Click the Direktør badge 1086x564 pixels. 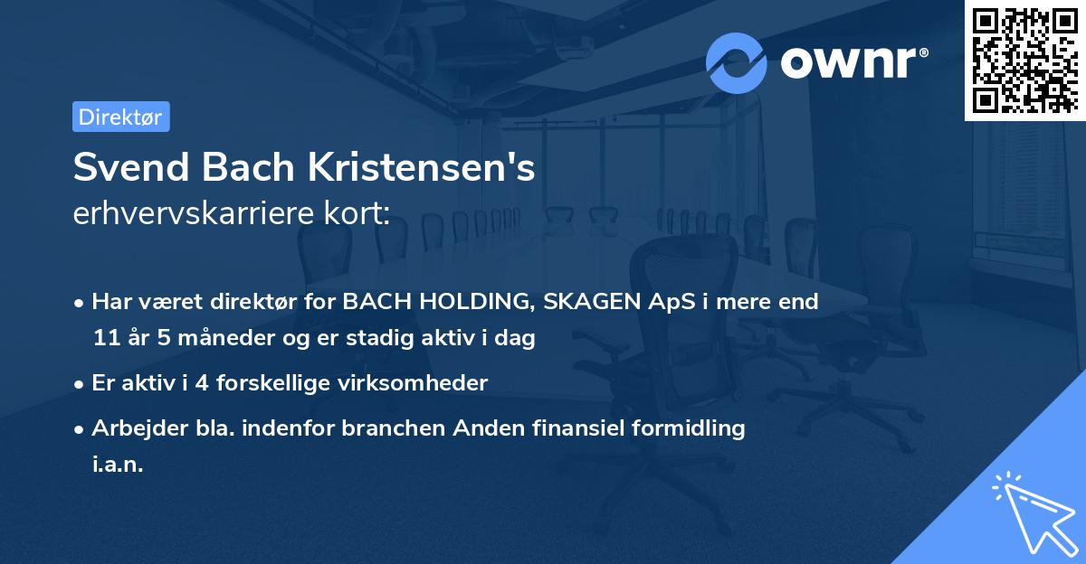(x=121, y=117)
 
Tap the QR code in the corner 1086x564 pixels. (x=1024, y=60)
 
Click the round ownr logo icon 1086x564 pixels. (x=737, y=62)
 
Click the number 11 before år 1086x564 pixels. (x=106, y=339)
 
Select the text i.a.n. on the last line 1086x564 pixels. (x=118, y=465)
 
